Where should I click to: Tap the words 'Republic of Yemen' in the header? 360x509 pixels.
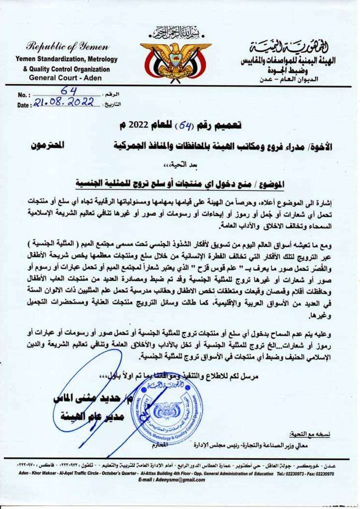click(x=68, y=48)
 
